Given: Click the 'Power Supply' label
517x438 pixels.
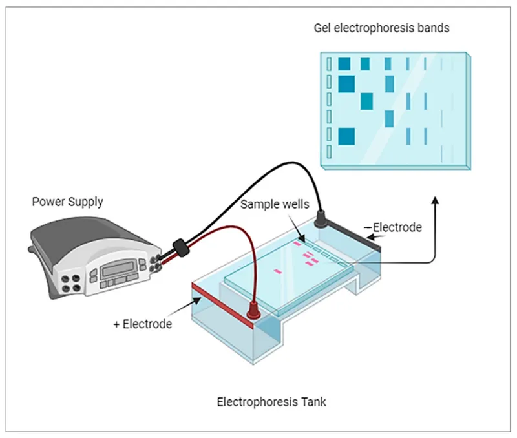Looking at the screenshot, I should pyautogui.click(x=67, y=202).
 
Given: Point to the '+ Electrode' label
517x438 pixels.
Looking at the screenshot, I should pyautogui.click(x=142, y=324).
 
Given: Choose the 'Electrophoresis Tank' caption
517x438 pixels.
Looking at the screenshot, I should pyautogui.click(x=271, y=402).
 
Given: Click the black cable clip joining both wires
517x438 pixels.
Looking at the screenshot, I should pyautogui.click(x=180, y=247).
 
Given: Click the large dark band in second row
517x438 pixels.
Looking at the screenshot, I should pyautogui.click(x=346, y=83).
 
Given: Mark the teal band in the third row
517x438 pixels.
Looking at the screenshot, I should pyautogui.click(x=366, y=101).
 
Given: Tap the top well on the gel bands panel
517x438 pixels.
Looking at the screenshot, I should pyautogui.click(x=329, y=64).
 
